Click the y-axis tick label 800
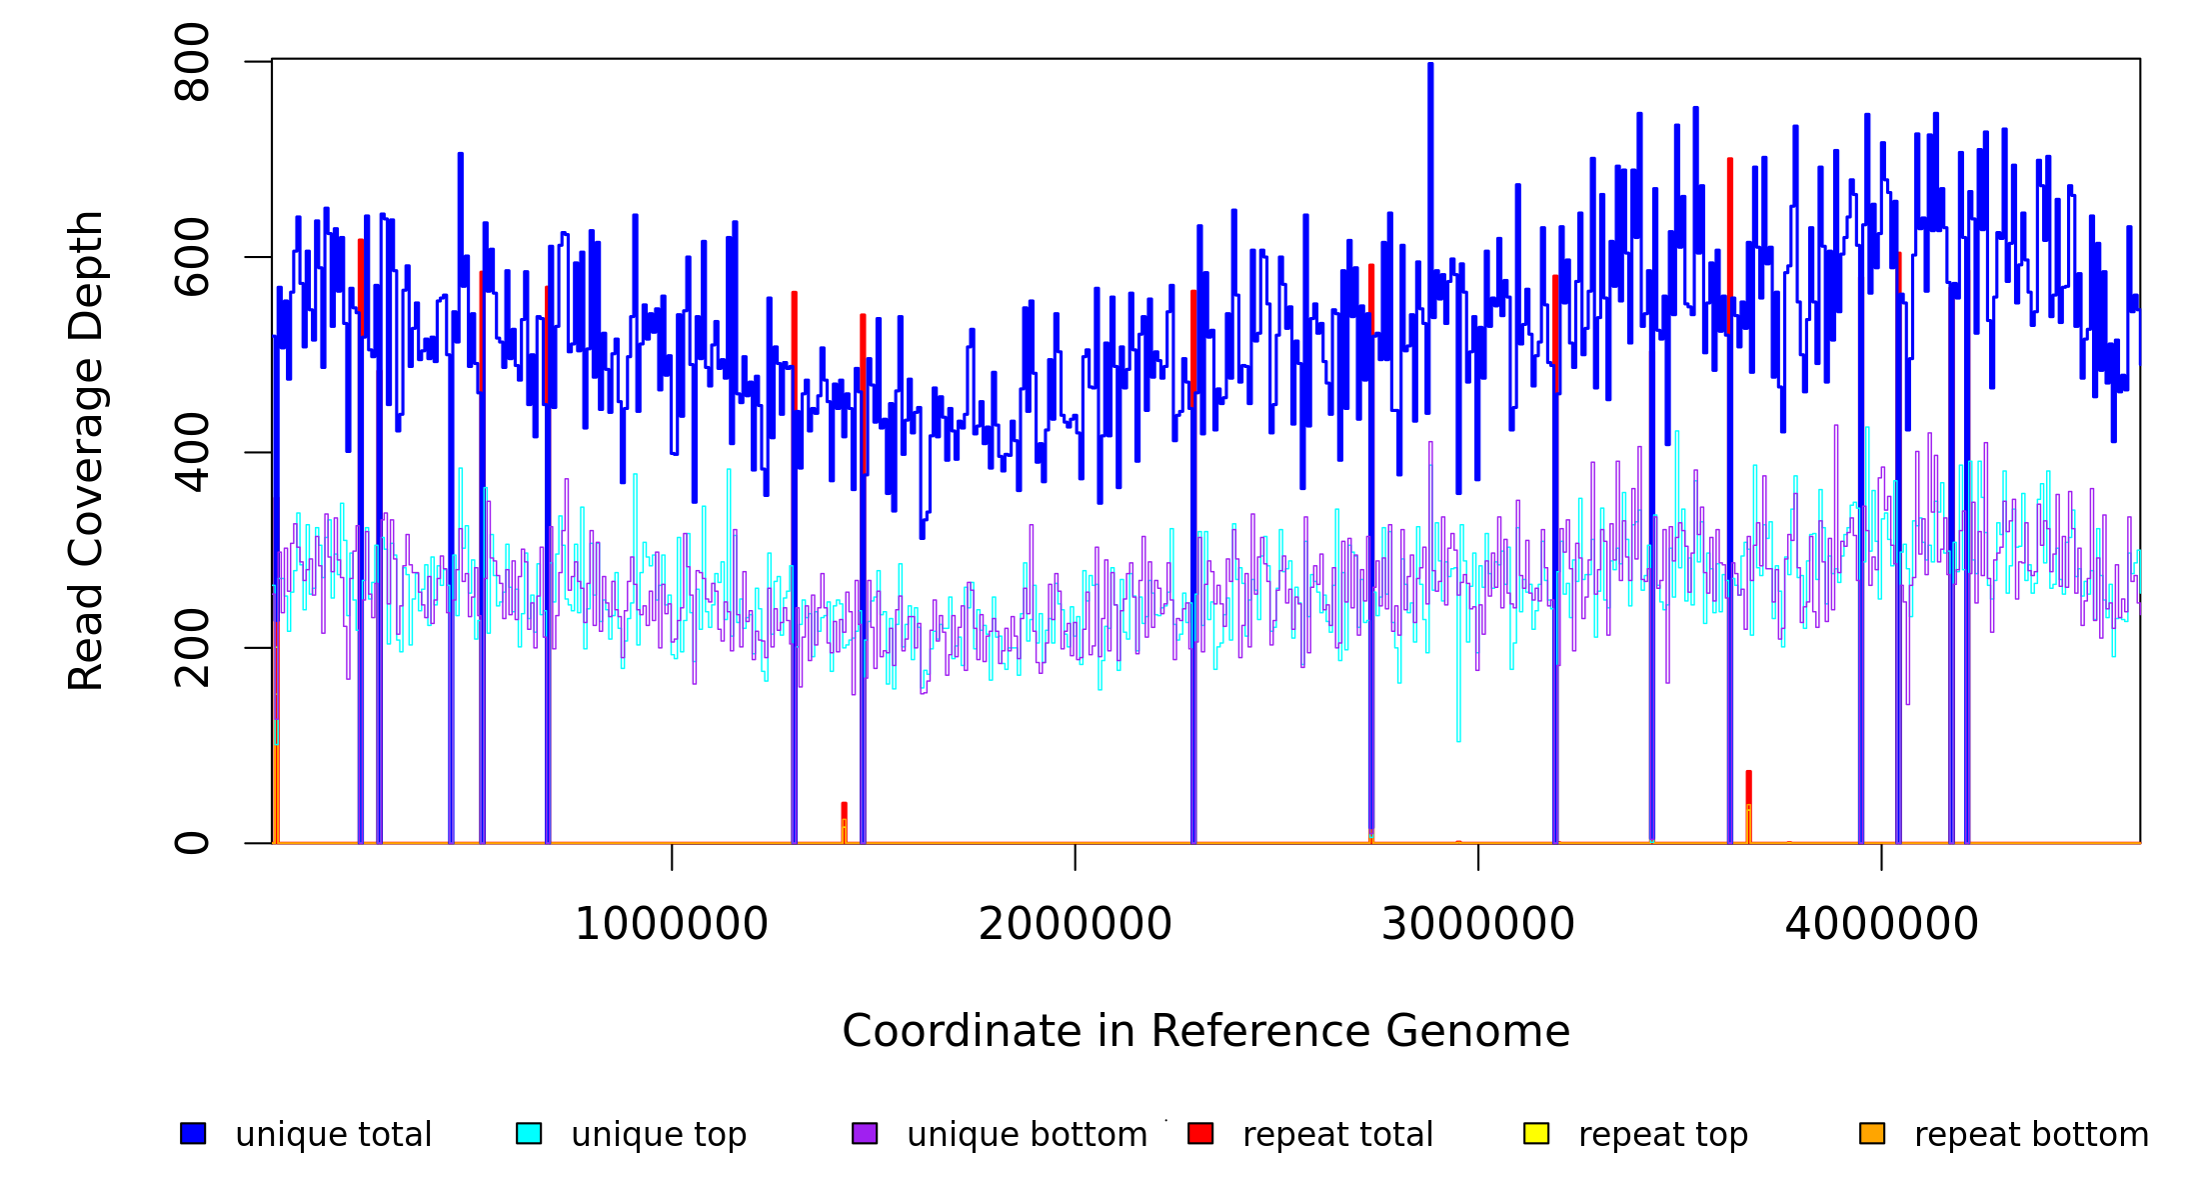192,62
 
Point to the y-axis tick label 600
192,257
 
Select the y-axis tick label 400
192,452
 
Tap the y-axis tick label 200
192,648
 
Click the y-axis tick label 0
192,843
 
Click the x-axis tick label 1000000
672,924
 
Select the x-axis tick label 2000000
1076,924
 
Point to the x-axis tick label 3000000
1478,924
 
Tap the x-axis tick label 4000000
1882,924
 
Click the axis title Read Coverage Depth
86,450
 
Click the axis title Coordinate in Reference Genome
1205,1031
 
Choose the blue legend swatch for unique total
193,1133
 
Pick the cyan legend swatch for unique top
529,1133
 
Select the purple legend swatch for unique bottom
865,1133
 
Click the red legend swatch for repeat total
1200,1133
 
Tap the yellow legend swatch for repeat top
1536,1133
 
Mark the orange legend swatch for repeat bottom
1872,1133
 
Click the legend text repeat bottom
2031,1135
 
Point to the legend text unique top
659,1135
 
